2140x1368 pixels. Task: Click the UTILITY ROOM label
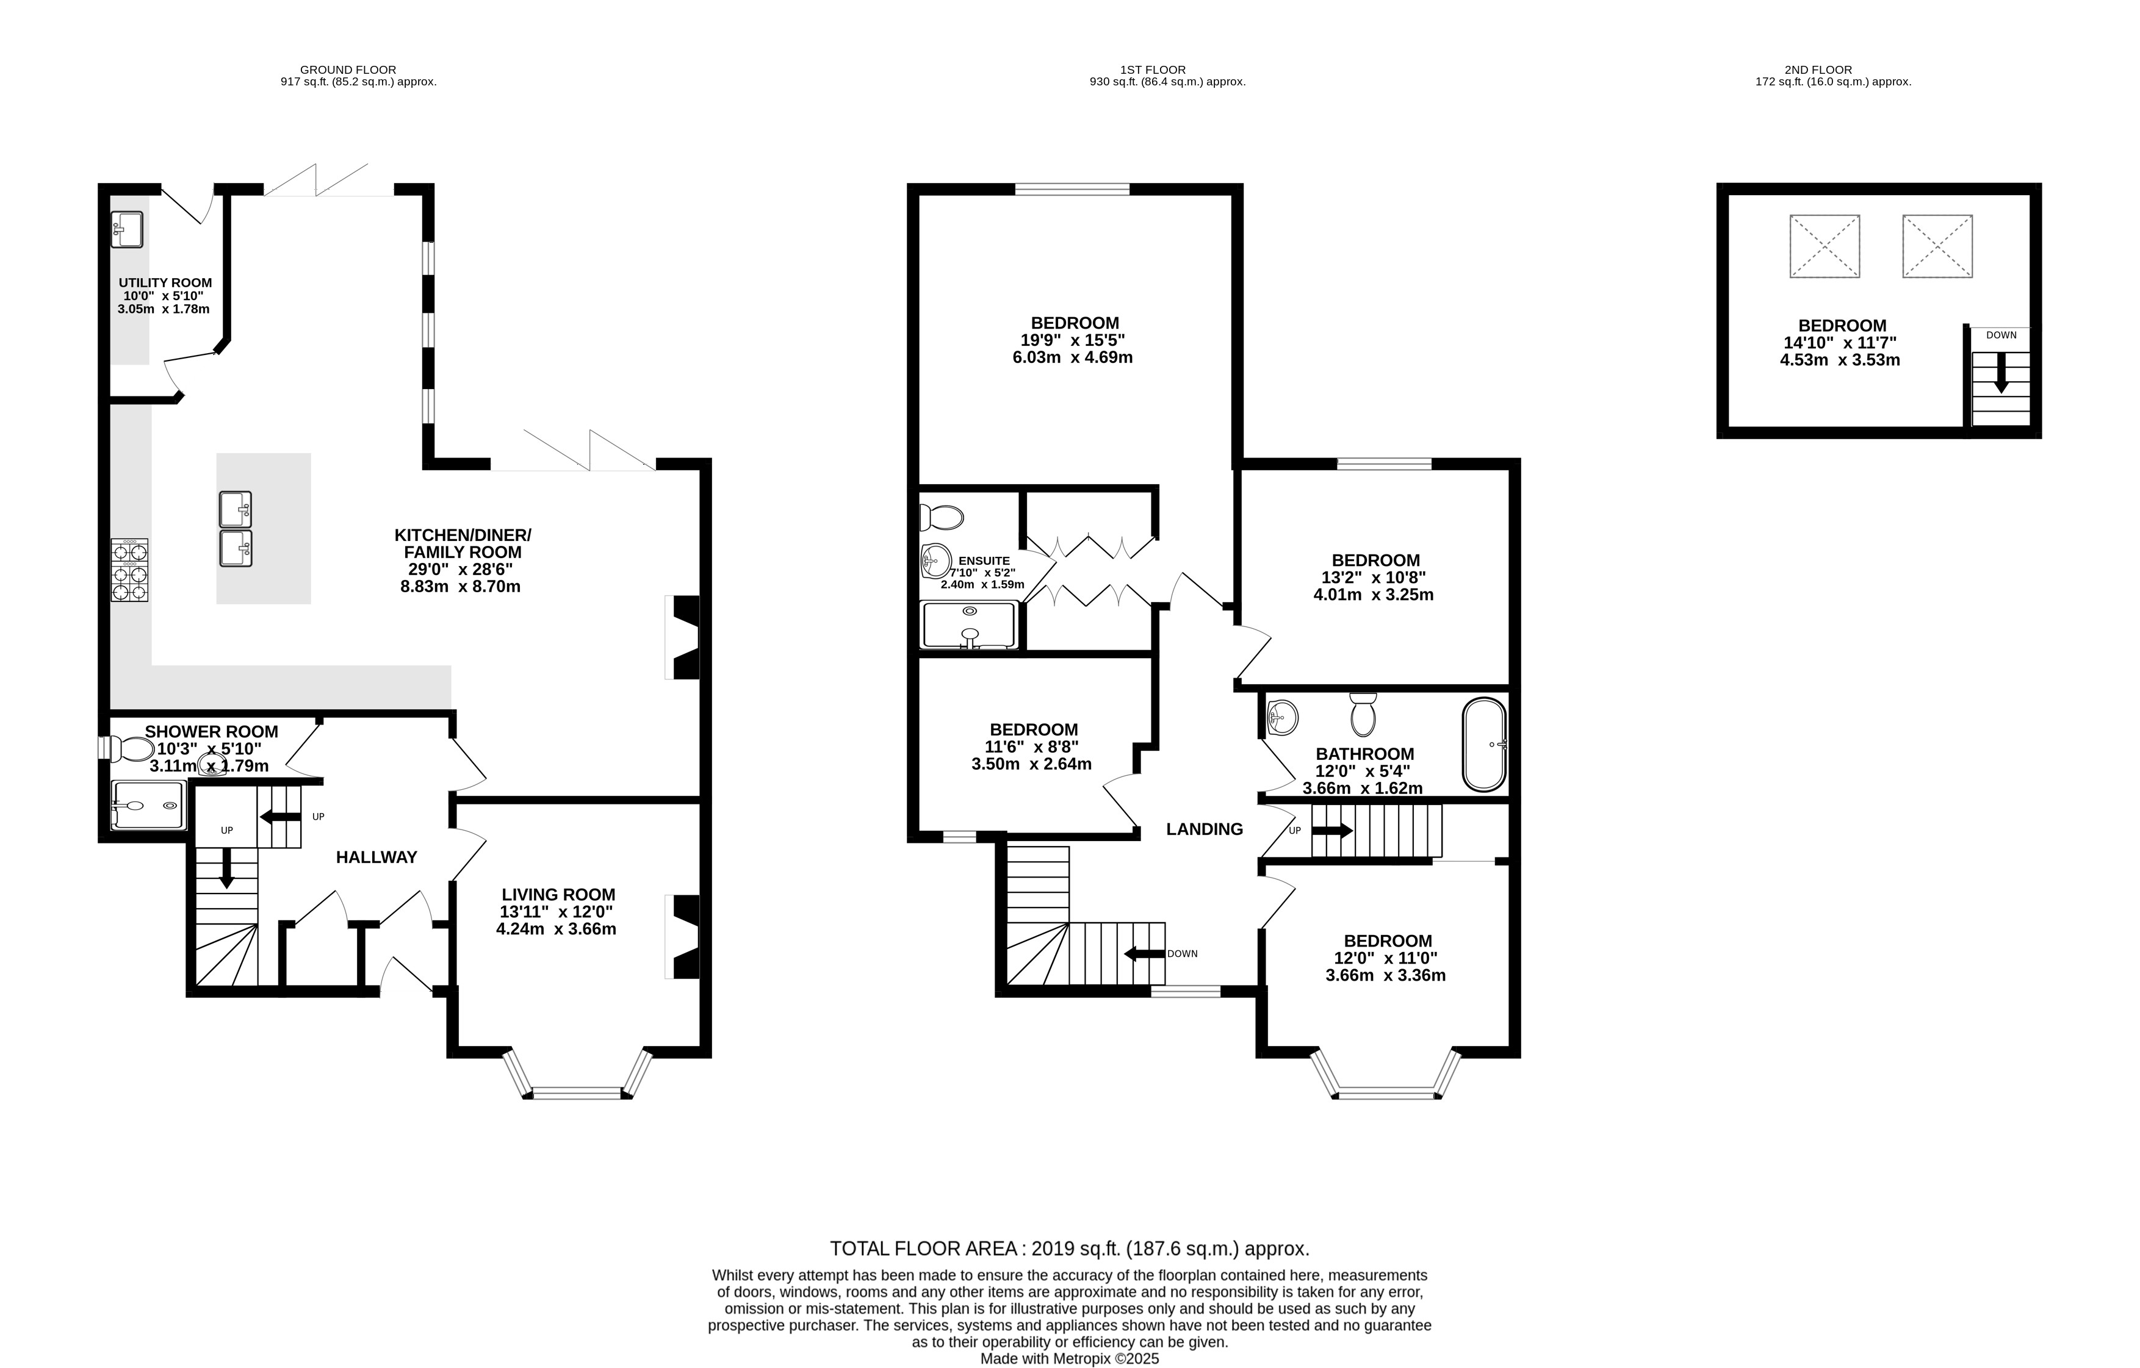pyautogui.click(x=165, y=282)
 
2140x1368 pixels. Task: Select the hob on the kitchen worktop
pyautogui.click(x=130, y=570)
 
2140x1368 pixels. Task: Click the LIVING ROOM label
pyautogui.click(x=558, y=895)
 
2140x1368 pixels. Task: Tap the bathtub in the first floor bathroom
pyautogui.click(x=1484, y=745)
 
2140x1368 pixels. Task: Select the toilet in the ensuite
pyautogui.click(x=941, y=517)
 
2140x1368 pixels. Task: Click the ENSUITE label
pyautogui.click(x=984, y=560)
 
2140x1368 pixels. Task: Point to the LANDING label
pyautogui.click(x=1204, y=829)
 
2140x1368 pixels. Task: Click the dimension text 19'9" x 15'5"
pyautogui.click(x=1073, y=340)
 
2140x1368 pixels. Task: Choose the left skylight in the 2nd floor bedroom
pyautogui.click(x=1825, y=246)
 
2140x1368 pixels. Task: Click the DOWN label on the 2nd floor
pyautogui.click(x=2001, y=335)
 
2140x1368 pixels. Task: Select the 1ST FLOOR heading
pyautogui.click(x=1153, y=70)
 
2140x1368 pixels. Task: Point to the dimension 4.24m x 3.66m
pyautogui.click(x=557, y=929)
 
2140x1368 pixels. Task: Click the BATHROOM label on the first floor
pyautogui.click(x=1365, y=753)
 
